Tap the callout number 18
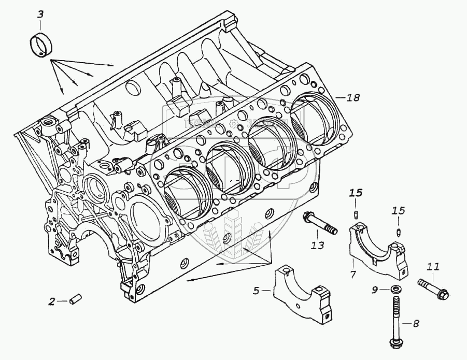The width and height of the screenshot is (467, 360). (353, 97)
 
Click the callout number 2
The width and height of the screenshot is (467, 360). (51, 301)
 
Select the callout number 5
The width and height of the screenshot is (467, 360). (256, 291)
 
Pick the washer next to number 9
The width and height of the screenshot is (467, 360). (395, 289)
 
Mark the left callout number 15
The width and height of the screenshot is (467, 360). (355, 193)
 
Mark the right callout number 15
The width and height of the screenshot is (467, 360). (398, 211)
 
